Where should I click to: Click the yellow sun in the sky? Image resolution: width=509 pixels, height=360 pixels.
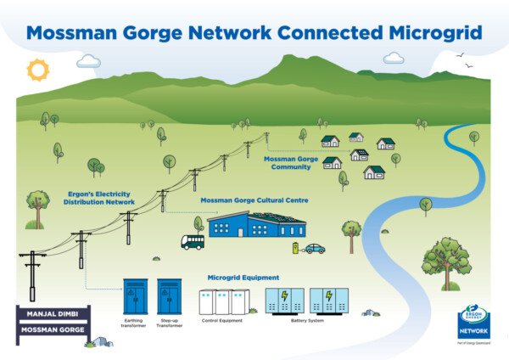(38, 68)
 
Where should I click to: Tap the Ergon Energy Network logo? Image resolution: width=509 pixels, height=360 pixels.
(473, 325)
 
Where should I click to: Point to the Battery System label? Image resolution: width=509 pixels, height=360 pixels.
(307, 321)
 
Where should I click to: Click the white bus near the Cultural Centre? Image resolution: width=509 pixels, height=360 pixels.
(192, 242)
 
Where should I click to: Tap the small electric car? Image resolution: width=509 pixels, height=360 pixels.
(315, 249)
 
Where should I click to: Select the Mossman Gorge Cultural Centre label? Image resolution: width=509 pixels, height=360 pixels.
(254, 200)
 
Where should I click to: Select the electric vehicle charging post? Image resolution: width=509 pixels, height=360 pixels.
(295, 248)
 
